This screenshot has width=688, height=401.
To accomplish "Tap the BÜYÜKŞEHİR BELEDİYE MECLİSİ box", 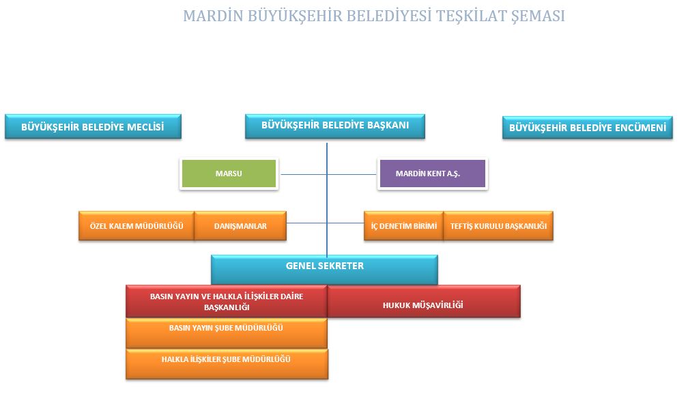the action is tap(93, 127).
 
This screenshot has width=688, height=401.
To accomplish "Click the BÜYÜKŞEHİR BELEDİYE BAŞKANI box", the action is tap(334, 126).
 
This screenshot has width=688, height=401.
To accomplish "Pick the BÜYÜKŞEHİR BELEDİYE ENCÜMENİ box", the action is tap(587, 128).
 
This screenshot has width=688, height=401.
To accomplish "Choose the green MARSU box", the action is tap(229, 174).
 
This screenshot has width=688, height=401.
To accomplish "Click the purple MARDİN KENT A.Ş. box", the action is tap(432, 174).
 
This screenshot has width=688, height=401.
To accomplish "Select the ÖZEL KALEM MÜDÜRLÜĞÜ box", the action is tap(137, 225).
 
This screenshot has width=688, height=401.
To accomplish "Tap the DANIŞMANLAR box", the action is tap(240, 225).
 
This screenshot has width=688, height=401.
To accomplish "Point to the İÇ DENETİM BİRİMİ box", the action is tap(403, 225).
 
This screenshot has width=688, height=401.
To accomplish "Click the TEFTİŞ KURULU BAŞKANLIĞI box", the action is tap(498, 225).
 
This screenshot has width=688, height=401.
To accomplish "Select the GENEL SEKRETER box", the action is tap(324, 270).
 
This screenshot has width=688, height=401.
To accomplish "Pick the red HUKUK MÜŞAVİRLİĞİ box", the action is tap(423, 301).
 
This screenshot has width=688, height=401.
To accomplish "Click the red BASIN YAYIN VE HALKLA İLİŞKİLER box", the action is tap(227, 301).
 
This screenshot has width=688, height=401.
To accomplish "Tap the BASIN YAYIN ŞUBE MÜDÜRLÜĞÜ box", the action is tap(227, 333).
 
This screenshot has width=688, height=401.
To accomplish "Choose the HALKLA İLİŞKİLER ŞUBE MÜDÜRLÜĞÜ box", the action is tap(227, 364).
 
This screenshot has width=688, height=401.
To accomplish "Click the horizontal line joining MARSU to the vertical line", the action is tap(304, 174).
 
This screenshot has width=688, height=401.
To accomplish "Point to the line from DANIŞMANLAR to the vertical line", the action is tap(306, 223).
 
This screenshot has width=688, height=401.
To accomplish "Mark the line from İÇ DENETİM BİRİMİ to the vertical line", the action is tap(345, 223).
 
